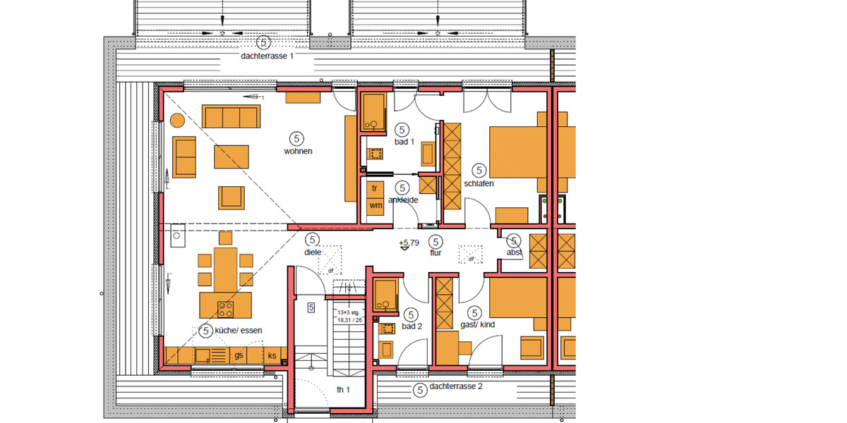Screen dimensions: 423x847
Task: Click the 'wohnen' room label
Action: point(298,151)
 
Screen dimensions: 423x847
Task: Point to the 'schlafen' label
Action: point(479,183)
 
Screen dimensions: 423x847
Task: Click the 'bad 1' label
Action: point(402,142)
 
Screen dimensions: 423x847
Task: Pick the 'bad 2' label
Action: point(411,326)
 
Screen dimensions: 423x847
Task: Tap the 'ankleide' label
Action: point(403,200)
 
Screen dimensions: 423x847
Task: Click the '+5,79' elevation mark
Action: point(408,243)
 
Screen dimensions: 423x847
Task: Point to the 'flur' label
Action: point(435,252)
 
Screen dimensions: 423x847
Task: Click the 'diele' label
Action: point(313,252)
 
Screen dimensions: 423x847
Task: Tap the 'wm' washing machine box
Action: point(376,205)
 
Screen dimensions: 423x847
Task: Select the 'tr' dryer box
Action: point(376,188)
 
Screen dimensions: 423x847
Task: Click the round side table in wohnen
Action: point(176,122)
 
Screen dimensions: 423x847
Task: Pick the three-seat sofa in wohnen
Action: point(230,116)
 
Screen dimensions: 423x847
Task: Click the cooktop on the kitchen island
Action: point(226,308)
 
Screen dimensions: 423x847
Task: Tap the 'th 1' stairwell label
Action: point(344,390)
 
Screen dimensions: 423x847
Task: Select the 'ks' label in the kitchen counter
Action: point(272,356)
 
